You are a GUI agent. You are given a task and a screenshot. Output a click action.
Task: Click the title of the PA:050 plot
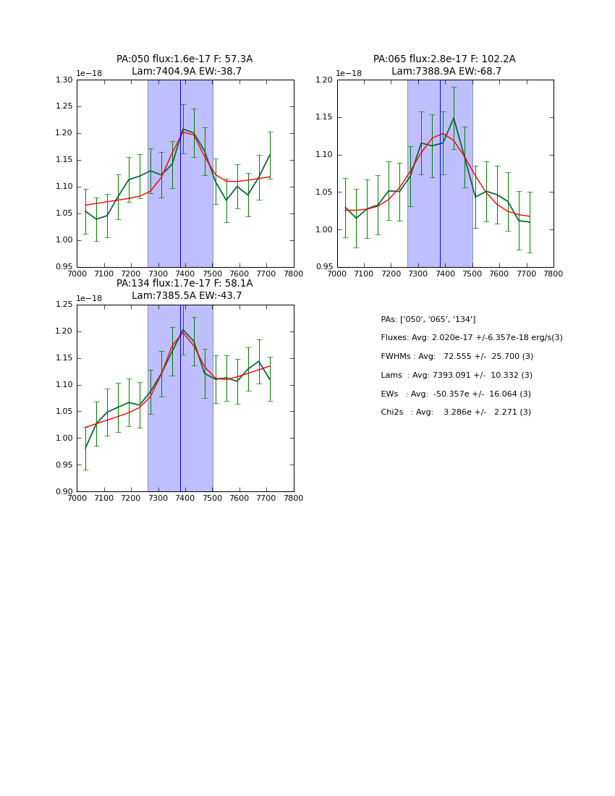coord(184,65)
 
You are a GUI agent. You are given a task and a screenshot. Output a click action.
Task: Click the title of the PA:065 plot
coord(444,65)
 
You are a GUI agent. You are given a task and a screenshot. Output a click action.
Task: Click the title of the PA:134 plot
coord(184,289)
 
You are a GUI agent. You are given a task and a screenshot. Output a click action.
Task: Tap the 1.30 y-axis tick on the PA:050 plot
coord(64,80)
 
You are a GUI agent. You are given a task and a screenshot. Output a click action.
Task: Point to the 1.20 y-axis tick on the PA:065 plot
coord(323,80)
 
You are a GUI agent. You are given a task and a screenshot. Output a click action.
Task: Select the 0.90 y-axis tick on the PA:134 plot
coord(64,491)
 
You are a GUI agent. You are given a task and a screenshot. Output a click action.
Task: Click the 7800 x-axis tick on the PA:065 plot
coord(553,274)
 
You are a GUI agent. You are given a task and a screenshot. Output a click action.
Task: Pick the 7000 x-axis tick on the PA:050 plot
coord(77,274)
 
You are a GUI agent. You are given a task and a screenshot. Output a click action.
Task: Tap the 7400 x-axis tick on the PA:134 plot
coord(185,498)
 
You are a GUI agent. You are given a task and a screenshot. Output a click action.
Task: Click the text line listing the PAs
coord(428,319)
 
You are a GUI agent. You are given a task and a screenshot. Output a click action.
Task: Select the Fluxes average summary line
coord(471,338)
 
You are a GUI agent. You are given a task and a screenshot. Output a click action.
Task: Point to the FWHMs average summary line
coord(457,357)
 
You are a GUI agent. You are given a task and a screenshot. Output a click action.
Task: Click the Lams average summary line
coord(457,375)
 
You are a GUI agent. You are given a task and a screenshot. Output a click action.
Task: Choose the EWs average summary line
coord(456,394)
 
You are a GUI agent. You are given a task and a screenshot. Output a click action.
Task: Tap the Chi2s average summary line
coord(456,412)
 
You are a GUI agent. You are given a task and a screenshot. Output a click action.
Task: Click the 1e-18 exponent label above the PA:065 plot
coord(349,73)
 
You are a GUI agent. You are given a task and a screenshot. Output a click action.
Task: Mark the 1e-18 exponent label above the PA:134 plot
coord(89,298)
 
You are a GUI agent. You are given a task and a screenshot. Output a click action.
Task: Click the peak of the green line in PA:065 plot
coord(454,118)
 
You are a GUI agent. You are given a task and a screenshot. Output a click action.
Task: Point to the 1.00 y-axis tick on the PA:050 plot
coord(64,240)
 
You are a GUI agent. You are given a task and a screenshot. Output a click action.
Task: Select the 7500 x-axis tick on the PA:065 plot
coord(472,274)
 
